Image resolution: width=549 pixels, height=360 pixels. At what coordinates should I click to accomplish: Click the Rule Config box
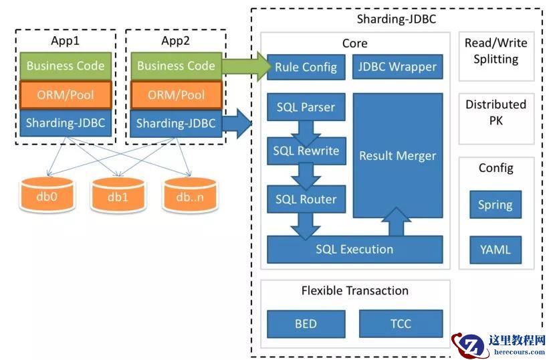(306, 67)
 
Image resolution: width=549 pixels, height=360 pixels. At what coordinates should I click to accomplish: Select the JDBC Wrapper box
(397, 67)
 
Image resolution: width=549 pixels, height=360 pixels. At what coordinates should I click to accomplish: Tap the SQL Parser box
(306, 107)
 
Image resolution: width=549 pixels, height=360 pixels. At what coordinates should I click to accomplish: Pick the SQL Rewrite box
(306, 151)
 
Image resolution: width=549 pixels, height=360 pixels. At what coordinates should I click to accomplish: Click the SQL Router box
(306, 199)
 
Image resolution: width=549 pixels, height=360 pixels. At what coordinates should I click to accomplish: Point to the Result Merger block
(397, 155)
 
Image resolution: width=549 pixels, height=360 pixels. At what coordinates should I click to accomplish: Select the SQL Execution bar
(354, 250)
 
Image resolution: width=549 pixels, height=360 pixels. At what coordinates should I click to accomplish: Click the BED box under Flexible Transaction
(306, 324)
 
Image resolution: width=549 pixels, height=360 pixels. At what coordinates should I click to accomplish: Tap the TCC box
(401, 324)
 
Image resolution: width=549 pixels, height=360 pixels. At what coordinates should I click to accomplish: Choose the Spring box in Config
(495, 205)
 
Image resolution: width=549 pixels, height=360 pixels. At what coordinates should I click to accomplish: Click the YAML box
(495, 250)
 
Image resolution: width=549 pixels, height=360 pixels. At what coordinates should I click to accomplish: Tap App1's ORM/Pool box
(66, 95)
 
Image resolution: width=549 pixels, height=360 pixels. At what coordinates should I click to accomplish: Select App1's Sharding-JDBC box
(66, 123)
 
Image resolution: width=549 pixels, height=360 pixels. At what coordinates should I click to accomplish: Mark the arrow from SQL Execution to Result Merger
(397, 223)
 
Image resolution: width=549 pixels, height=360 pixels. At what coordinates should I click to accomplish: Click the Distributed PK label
(496, 112)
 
